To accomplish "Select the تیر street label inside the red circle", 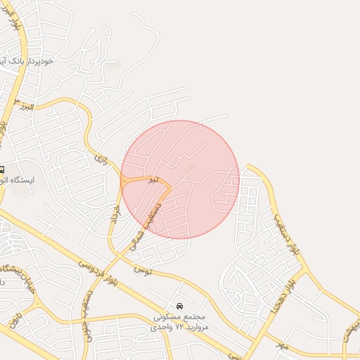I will [x=153, y=180].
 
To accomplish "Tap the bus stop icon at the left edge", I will [x=2, y=169].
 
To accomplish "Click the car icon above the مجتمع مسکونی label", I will [x=180, y=306].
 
